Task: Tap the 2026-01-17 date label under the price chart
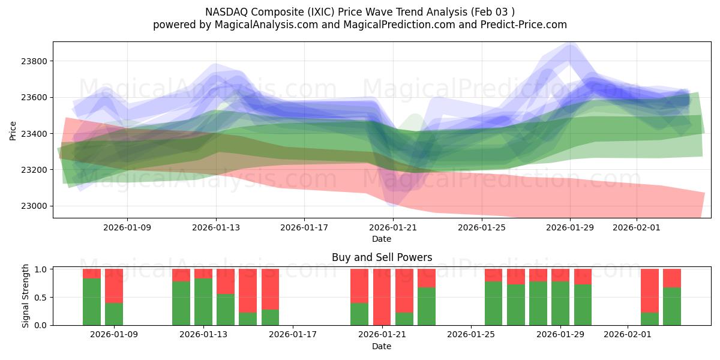304,227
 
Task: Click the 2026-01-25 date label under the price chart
481,227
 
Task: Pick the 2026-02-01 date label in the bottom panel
628,335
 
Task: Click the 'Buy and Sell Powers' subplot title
382,258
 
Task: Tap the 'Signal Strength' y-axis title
25,296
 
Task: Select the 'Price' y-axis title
13,130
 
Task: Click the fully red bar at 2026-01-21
382,297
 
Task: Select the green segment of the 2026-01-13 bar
203,302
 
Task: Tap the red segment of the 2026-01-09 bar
114,286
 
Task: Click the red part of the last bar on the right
672,278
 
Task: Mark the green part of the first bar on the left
92,302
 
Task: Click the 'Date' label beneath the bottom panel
382,346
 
